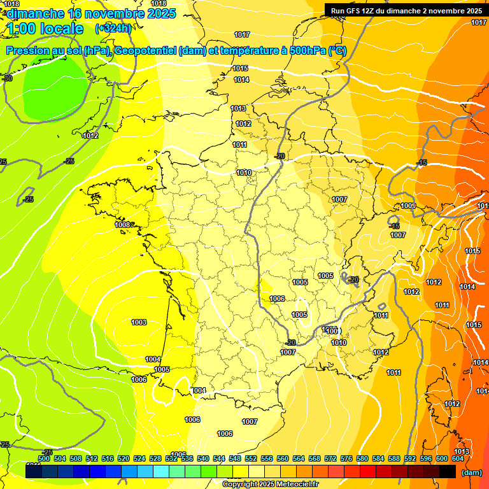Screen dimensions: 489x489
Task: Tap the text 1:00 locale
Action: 46,29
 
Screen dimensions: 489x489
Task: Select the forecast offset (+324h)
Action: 113,29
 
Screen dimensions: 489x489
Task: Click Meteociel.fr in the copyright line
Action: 294,485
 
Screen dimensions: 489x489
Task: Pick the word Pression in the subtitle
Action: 27,51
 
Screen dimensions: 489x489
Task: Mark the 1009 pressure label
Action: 408,206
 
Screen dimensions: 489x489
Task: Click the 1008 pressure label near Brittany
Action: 122,225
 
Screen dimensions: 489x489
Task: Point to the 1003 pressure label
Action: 139,322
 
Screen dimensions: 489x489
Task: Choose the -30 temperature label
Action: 7,78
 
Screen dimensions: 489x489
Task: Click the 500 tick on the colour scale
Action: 44,458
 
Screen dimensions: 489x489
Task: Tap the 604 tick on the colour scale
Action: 458,458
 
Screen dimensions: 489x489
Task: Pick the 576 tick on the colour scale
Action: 346,458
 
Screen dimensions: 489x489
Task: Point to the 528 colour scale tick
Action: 155,458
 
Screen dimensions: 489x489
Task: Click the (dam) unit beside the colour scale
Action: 471,472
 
